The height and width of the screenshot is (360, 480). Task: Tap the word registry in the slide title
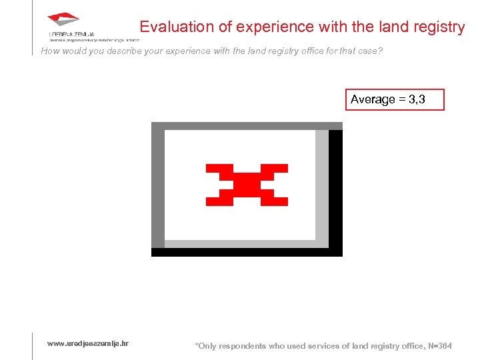438,27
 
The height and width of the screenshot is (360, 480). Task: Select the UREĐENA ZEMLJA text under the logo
71,33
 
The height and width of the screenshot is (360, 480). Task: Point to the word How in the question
51,51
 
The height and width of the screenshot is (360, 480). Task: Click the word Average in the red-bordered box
373,99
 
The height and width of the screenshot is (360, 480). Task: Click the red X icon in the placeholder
247,184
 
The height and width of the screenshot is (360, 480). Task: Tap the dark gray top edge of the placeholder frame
247,125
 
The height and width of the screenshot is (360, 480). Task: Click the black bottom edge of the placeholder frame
247,252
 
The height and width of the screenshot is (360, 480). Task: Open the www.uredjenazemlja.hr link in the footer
88,343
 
